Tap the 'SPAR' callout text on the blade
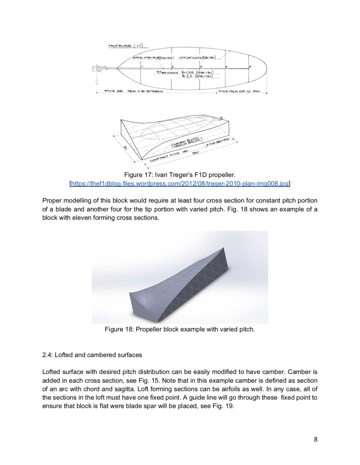(x=138, y=58)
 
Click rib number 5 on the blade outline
(x=250, y=66)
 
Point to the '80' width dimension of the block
(x=126, y=148)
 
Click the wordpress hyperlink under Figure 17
(x=180, y=184)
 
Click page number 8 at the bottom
(x=315, y=439)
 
